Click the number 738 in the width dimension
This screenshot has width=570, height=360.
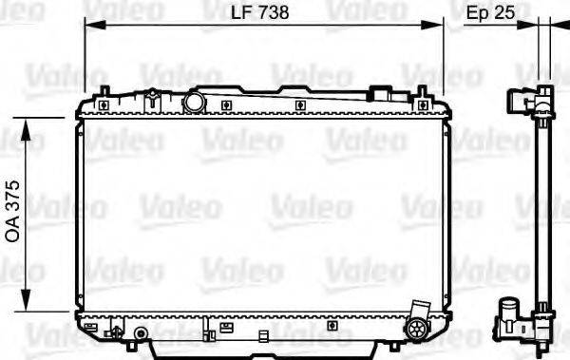(x=272, y=12)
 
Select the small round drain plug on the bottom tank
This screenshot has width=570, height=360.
(x=141, y=333)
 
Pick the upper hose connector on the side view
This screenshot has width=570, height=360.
(x=519, y=102)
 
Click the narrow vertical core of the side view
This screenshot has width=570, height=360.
(x=543, y=209)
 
